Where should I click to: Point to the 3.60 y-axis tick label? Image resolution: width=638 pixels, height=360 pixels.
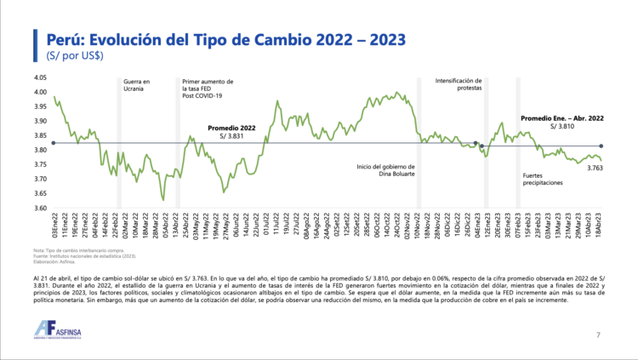pos(40,208)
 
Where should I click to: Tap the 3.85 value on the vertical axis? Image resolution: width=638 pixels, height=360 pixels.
pos(40,135)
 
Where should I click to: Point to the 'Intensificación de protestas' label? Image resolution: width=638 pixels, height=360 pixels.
pos(459,84)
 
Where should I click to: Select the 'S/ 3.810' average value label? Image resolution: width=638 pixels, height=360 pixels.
pos(564,126)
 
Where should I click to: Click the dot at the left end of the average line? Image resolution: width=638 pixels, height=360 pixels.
pos(54,143)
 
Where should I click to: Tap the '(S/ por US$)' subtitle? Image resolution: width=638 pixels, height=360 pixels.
pos(69,55)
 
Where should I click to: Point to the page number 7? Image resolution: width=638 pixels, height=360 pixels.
pos(598,335)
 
